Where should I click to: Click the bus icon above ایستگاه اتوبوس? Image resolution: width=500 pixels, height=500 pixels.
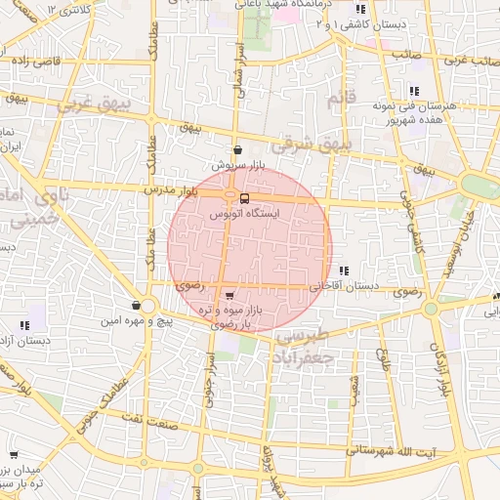[243, 195]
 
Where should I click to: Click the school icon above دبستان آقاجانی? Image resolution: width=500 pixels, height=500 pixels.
[343, 271]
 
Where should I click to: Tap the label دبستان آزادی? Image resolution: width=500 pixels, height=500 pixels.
[25, 341]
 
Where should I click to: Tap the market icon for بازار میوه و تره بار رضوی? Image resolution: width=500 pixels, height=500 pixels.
[229, 295]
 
